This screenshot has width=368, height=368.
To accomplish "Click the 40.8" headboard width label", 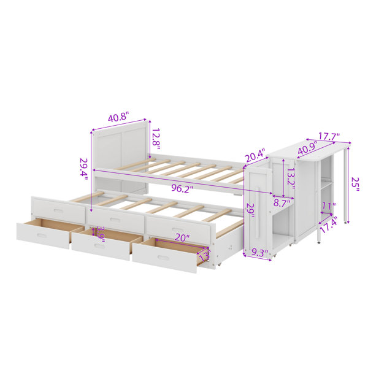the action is pos(119,117).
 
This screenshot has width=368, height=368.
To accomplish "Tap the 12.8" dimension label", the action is pos(156,140).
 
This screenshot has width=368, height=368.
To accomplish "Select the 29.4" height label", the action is pos(83,169).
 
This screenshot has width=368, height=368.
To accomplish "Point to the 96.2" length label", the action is pos(182,188).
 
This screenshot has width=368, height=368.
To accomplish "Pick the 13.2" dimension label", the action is pos(291,179).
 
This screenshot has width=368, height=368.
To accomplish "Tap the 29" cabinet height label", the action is pos(250,210).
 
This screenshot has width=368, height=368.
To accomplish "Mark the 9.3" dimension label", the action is pos(260,253).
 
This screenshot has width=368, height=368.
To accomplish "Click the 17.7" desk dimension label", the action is pos(329,136).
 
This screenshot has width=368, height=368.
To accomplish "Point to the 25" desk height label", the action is pos(355,184).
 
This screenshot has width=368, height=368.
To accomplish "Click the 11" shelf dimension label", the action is pos(329,206).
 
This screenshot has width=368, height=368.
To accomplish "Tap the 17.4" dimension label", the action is pos(328,224).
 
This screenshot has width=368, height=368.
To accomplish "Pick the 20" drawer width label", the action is pos(182,238).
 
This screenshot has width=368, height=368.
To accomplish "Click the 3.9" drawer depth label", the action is pos(101,234).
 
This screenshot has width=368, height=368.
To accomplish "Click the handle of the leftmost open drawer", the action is pos(42,236).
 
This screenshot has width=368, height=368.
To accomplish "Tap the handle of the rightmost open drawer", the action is pos(163,258).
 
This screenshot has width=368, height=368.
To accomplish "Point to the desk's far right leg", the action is pos(346,184).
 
